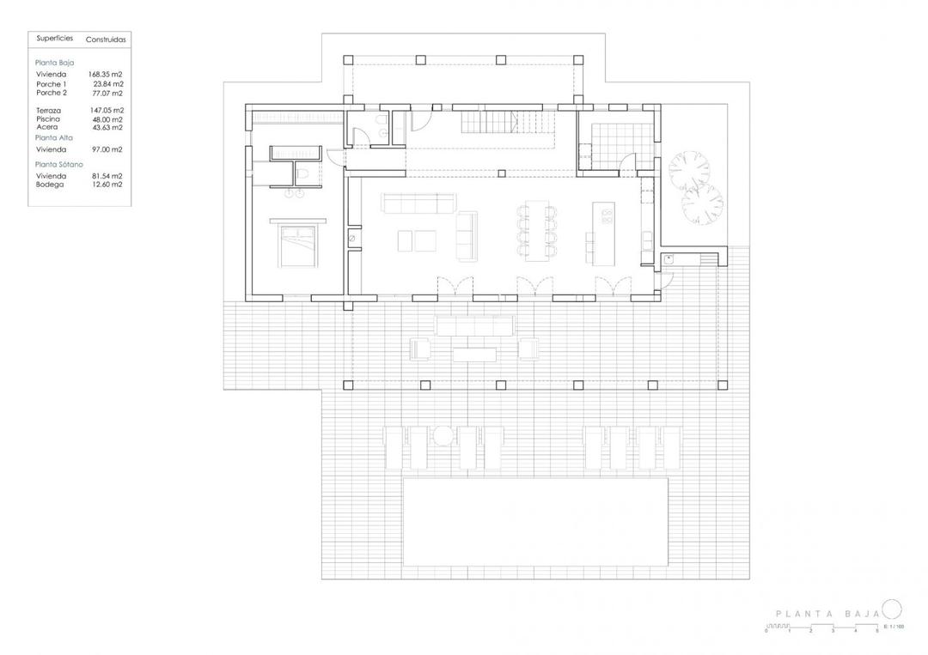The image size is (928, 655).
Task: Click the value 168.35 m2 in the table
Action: point(107,75)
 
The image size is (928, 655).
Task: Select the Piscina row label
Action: point(47,119)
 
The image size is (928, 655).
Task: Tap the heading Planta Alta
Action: point(54,137)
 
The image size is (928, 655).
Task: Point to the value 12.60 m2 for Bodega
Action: point(107,184)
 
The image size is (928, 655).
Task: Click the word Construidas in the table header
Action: point(106,39)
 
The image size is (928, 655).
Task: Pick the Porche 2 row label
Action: point(52,93)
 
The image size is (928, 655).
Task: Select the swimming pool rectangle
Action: point(535,522)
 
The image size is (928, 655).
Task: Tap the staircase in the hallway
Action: point(502,124)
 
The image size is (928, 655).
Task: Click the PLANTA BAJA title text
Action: point(827,614)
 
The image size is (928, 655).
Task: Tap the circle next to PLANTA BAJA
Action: point(892,610)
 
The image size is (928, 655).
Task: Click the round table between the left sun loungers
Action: point(443,436)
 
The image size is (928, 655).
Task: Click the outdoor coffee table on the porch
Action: point(475,353)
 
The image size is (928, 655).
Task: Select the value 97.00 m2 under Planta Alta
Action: point(107,149)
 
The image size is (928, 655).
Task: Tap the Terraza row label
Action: point(49,111)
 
